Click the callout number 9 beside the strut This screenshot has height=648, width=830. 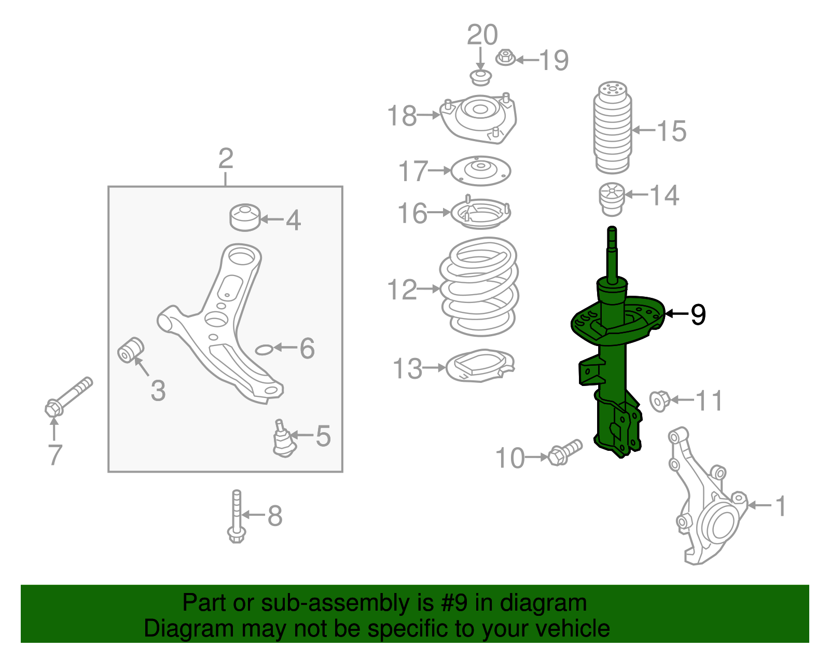pyautogui.click(x=698, y=314)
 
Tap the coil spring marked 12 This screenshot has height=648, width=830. pyautogui.click(x=479, y=288)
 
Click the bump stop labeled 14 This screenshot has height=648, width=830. pyautogui.click(x=612, y=200)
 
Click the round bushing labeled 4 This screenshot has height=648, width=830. pyautogui.click(x=244, y=218)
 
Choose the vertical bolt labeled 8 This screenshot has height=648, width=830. pyautogui.click(x=237, y=516)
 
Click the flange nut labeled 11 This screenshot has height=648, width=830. pyautogui.click(x=659, y=401)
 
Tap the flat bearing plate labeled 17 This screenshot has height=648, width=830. pyautogui.click(x=481, y=171)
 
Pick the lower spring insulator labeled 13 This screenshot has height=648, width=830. pyautogui.click(x=480, y=367)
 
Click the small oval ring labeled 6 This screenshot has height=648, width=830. pyautogui.click(x=264, y=349)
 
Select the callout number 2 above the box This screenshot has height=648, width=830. pyautogui.click(x=226, y=159)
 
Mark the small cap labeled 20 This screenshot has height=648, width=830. pyautogui.click(x=480, y=78)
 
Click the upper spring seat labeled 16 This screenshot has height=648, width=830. pyautogui.click(x=480, y=213)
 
